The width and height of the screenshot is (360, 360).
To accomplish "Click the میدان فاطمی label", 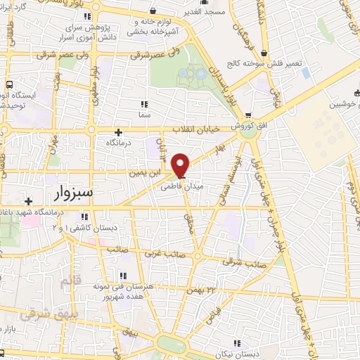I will (176, 188).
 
